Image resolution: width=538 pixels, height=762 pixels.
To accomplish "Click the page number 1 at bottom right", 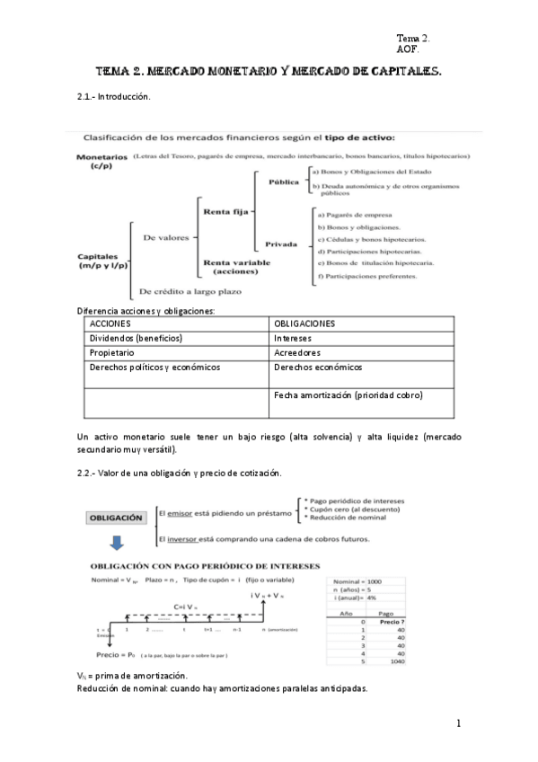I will tap(457, 724).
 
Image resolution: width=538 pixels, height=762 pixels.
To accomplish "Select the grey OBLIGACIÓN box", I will tap(116, 518).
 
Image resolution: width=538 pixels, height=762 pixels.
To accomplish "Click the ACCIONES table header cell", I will tap(111, 323).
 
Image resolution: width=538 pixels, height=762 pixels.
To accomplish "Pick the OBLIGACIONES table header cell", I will tap(305, 323).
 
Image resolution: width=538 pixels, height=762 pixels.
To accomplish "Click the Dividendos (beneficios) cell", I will tap(136, 339).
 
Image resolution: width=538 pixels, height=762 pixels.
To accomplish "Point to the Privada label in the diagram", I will tap(281, 244).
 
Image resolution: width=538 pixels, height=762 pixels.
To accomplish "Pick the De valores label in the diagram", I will tap(163, 237).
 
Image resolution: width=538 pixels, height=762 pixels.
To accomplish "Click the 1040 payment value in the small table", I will tap(389, 661).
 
